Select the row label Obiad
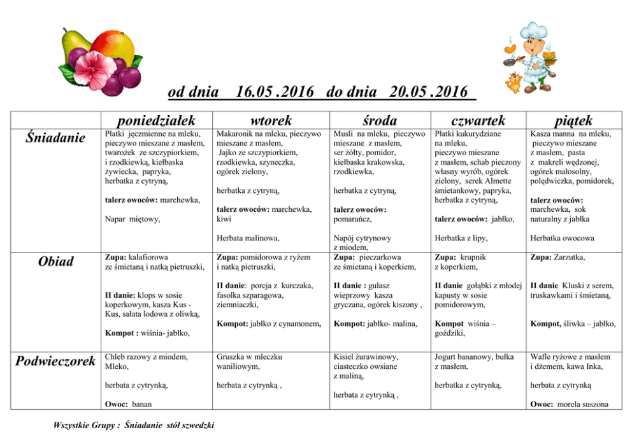point(55,261)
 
